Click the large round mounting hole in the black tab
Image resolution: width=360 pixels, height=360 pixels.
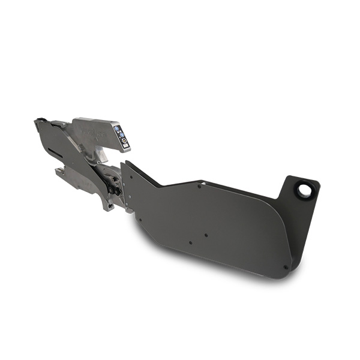pyautogui.click(x=304, y=190)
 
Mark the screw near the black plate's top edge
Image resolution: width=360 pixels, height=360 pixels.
pyautogui.click(x=200, y=186)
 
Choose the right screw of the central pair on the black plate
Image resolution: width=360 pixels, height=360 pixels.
pyautogui.click(x=206, y=235)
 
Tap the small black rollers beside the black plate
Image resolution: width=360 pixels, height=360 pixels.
pyautogui.click(x=113, y=190)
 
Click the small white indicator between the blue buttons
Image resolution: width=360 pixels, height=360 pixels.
pyautogui.click(x=119, y=132)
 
